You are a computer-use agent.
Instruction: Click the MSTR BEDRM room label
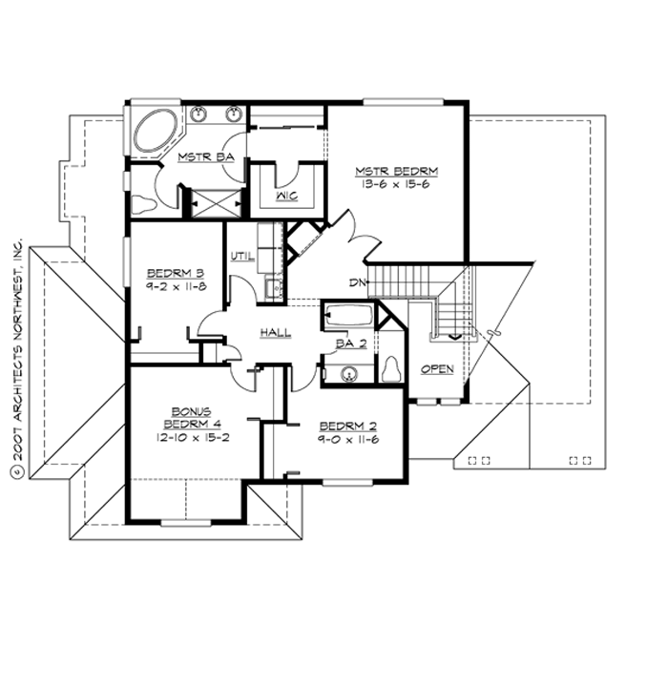coord(397,172)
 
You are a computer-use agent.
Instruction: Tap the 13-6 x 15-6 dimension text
coord(398,185)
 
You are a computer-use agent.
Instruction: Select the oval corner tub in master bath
coord(156,132)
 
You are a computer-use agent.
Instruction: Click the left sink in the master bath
coord(200,114)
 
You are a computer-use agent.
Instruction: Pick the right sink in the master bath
coord(232,114)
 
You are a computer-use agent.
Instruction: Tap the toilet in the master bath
coord(144,203)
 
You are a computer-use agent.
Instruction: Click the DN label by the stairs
coord(358,282)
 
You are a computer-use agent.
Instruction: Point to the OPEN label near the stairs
coord(437,368)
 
